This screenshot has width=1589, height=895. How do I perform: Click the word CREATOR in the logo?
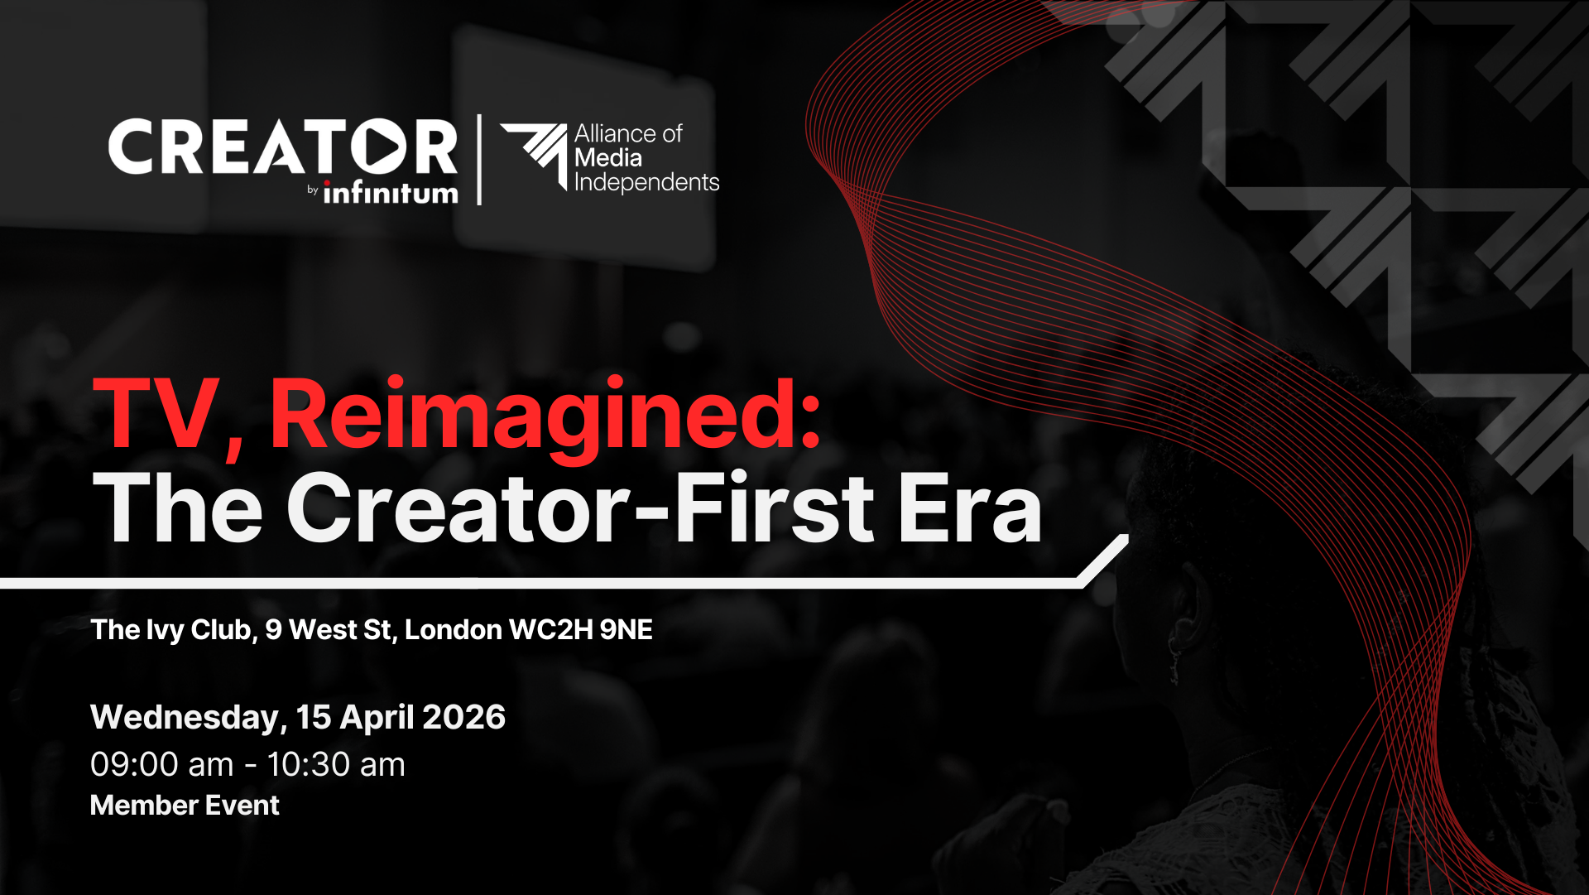coord(283,147)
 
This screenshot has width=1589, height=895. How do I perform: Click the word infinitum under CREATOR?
coord(390,191)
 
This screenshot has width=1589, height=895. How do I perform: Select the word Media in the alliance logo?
coord(608,158)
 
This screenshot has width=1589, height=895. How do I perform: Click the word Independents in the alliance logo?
coord(647,183)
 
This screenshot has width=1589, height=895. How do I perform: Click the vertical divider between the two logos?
coord(480,160)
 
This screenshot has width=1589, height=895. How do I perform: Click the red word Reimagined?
coord(545,418)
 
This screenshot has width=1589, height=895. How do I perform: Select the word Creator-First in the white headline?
coord(579,507)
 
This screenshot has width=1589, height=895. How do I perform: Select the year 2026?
coord(463,717)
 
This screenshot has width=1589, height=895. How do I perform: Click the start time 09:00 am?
coord(162,765)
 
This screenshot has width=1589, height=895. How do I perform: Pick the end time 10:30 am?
coord(336,765)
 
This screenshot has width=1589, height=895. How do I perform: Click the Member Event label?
coord(185,806)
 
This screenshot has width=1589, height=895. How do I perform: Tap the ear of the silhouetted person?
coord(1183,621)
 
